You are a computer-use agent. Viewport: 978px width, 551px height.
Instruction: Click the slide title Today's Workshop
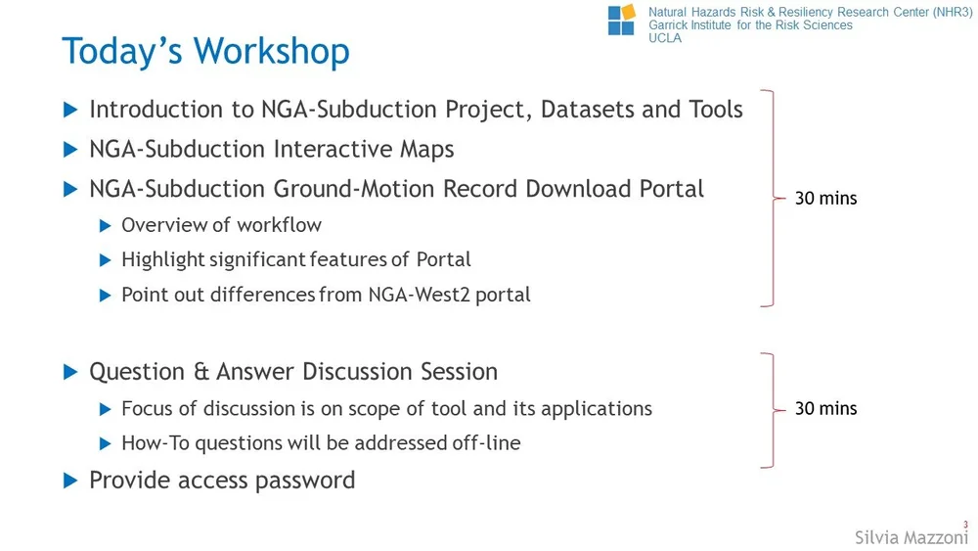pos(205,51)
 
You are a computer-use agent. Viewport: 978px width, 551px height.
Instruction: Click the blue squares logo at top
pos(621,20)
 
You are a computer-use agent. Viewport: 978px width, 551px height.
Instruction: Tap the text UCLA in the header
pos(665,38)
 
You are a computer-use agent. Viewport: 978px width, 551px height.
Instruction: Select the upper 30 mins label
pos(825,198)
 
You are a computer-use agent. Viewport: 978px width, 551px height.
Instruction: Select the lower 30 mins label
pos(825,408)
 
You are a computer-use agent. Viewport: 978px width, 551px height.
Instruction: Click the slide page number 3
pos(966,525)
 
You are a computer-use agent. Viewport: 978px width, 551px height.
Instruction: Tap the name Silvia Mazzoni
pos(911,537)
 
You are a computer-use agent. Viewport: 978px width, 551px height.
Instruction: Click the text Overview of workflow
pos(221,225)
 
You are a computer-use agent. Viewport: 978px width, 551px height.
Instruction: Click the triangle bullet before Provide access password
pos(69,481)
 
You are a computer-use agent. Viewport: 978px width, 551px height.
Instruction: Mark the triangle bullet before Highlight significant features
pos(106,260)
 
